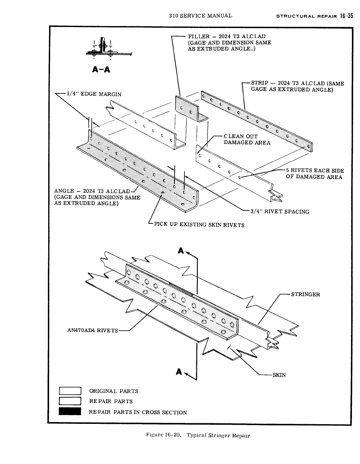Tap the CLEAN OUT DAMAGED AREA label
coord(247,139)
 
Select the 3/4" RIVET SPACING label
coord(280,211)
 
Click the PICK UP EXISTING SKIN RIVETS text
coord(199,225)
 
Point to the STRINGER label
coord(306,294)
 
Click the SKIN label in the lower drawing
coord(279,375)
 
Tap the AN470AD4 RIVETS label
coord(93,331)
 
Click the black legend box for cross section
coord(70,412)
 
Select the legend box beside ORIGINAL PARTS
coord(70,391)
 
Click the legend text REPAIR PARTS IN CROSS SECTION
coord(138,412)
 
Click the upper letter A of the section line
coord(180,250)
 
